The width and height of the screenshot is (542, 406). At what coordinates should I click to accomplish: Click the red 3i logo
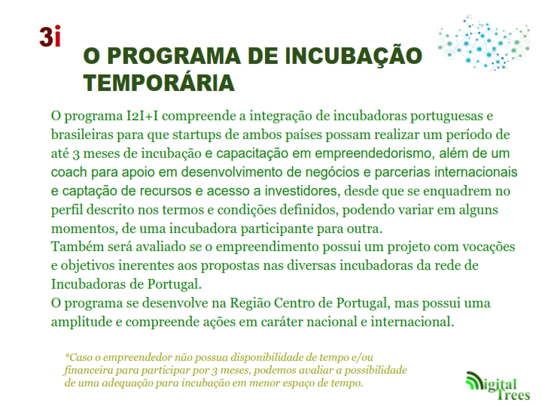coord(50,36)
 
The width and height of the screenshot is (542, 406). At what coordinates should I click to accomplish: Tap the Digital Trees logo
coord(498,386)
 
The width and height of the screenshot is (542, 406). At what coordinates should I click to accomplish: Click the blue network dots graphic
coord(483,43)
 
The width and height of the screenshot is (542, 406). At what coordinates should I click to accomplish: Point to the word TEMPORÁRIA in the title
coord(159,83)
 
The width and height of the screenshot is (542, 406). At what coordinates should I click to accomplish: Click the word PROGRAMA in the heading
coord(174,56)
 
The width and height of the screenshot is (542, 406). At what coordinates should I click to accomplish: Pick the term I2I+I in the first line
coord(142,116)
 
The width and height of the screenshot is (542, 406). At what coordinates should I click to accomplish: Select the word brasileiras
coord(82,135)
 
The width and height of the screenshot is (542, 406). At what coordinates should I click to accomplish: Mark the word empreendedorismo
coord(374,153)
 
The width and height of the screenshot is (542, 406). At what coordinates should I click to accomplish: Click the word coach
coord(69,172)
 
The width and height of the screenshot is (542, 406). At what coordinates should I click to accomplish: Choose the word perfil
coord(67,210)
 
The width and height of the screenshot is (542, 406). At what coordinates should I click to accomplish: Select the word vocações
coord(489,247)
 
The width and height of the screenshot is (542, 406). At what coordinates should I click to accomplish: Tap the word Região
coord(250,304)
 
